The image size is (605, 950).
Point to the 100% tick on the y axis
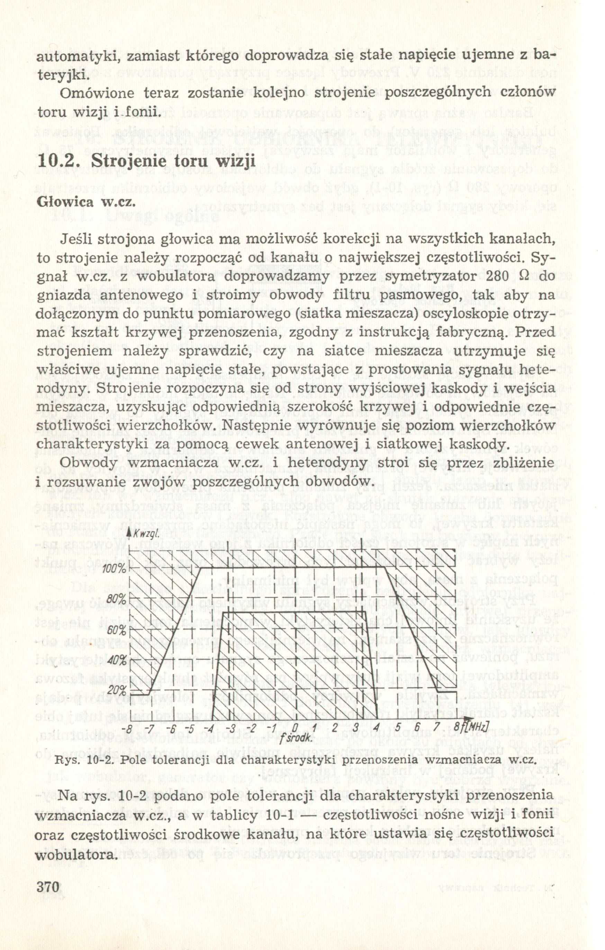coord(115,569)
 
